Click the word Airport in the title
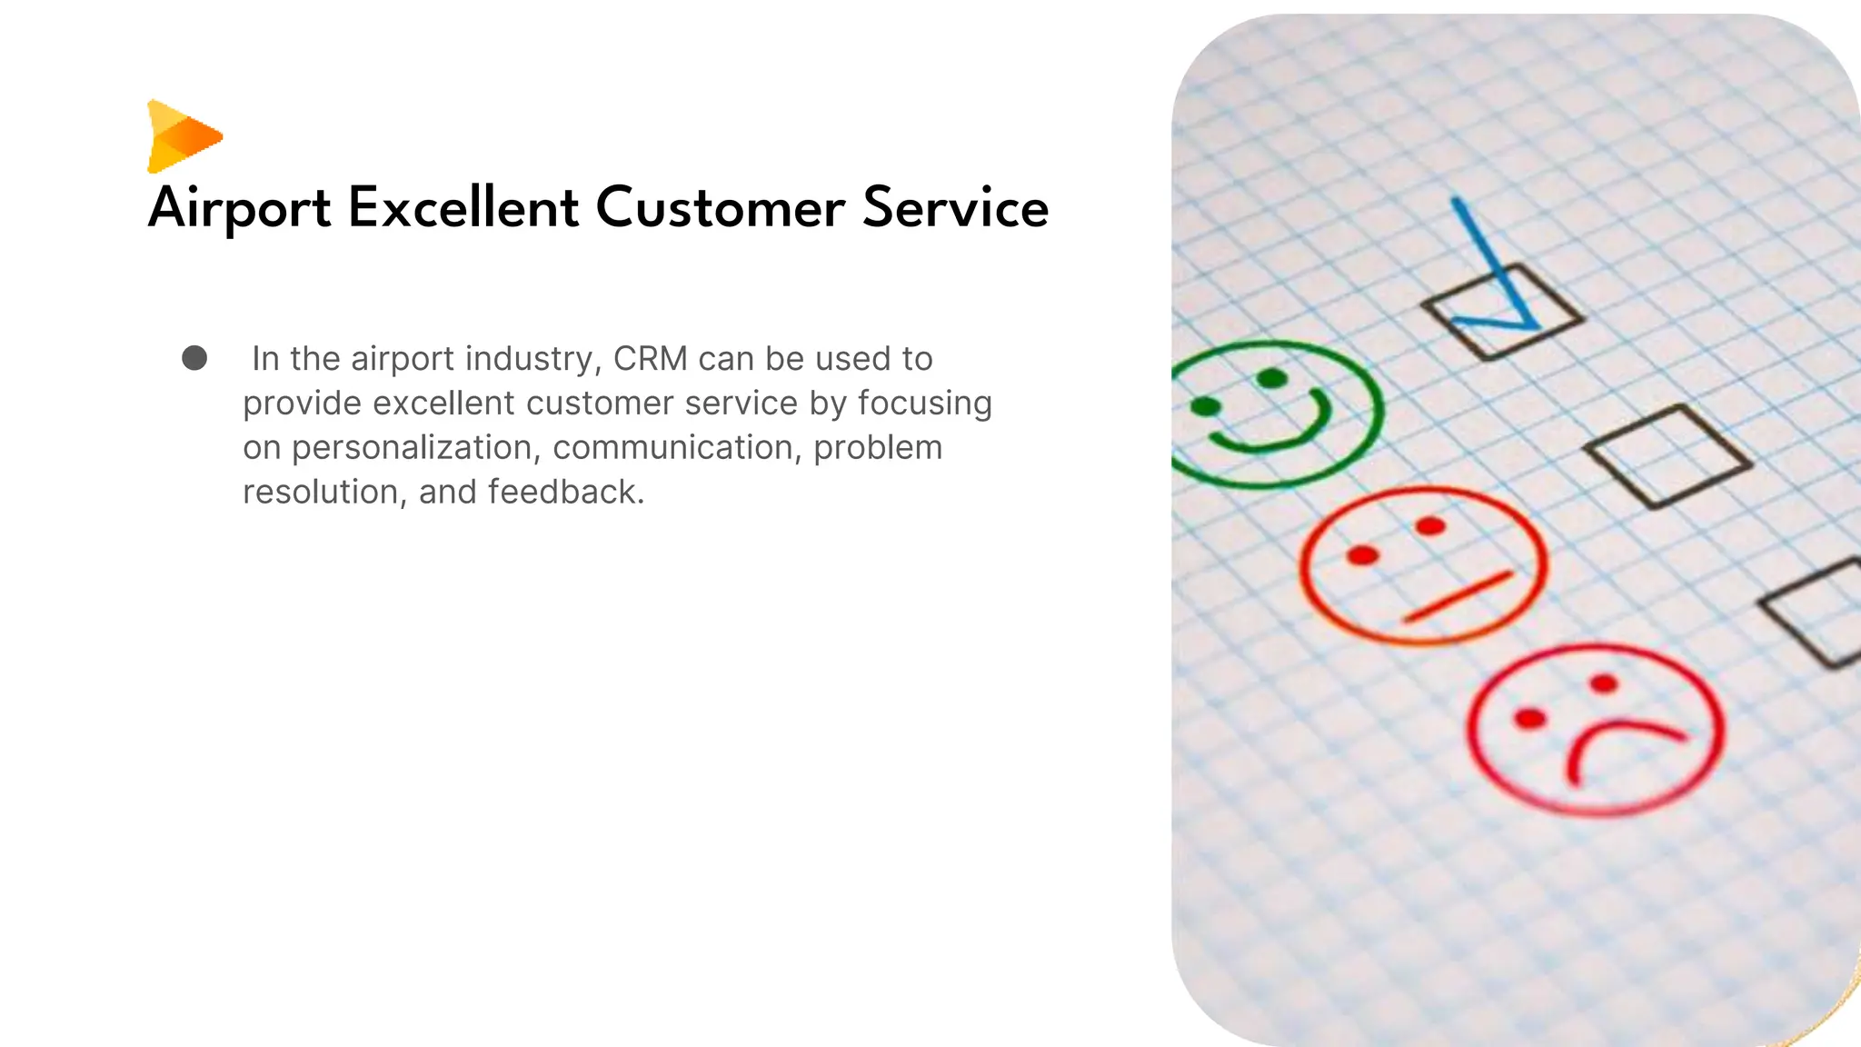click(x=239, y=208)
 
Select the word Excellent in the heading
click(x=463, y=207)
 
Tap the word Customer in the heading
click(x=720, y=207)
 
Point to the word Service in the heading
click(x=955, y=207)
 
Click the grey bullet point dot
click(x=194, y=358)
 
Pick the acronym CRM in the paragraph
click(x=650, y=359)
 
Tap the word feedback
click(x=565, y=493)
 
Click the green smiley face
click(x=1272, y=414)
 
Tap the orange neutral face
click(x=1422, y=565)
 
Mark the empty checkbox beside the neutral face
click(x=1667, y=456)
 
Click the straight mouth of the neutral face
click(x=1458, y=597)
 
